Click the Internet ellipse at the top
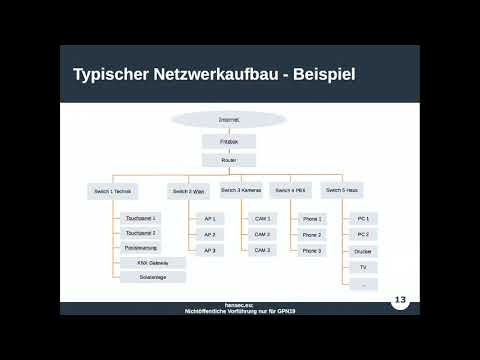coord(229,119)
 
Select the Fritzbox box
coord(229,142)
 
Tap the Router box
coord(229,160)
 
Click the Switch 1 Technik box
coord(111,189)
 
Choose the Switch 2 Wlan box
coord(187,189)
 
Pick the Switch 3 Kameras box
coord(240,189)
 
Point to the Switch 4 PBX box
coord(290,189)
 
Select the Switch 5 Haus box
coord(344,189)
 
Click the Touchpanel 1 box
coord(141,217)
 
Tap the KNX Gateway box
coord(153,262)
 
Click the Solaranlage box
coord(153,277)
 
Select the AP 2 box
coord(210,234)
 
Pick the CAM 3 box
coord(262,250)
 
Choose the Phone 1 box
coord(312,217)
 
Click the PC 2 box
coord(363,234)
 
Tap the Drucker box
coord(363,251)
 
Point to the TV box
coord(363,267)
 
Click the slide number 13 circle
coord(401,299)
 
